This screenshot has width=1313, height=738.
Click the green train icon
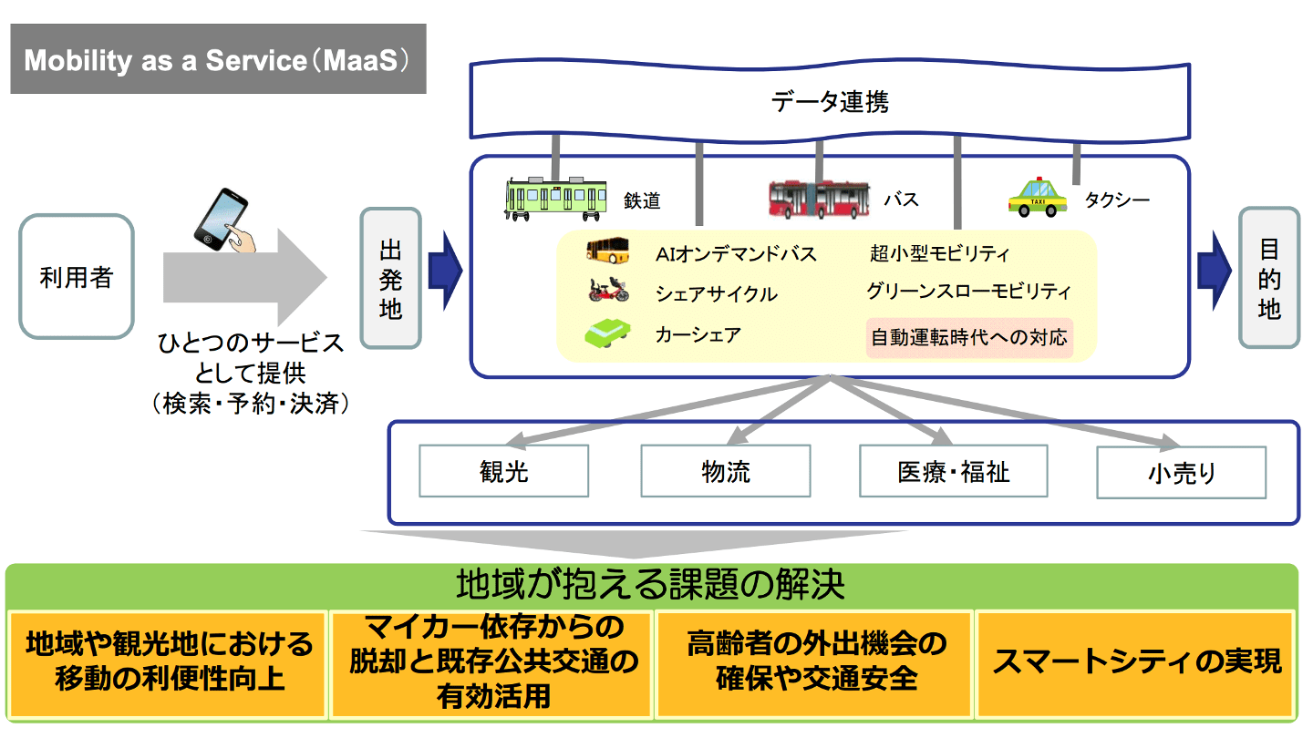[556, 198]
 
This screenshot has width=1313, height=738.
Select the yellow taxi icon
[1038, 197]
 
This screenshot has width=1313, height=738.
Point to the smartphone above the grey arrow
[222, 220]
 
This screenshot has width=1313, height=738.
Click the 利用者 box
[76, 277]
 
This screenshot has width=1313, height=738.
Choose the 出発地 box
[390, 279]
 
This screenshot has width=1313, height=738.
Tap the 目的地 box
[1269, 279]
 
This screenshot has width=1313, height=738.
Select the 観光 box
[503, 471]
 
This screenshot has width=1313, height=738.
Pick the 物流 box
[726, 471]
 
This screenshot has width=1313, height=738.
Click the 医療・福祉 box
[953, 471]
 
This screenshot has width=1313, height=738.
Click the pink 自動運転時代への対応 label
[968, 338]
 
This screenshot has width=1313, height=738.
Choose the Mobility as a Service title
[218, 60]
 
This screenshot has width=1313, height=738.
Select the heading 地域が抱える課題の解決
[650, 584]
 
